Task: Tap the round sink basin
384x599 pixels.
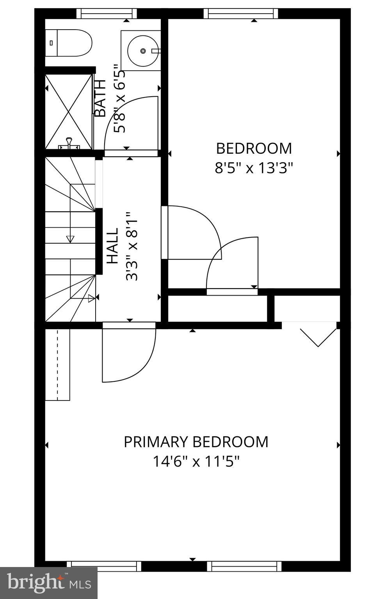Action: click(x=143, y=51)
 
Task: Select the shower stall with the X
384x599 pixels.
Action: click(x=69, y=112)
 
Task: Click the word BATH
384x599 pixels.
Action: click(x=100, y=98)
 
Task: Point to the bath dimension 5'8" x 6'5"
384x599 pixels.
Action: click(x=120, y=102)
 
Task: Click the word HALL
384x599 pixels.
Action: click(x=112, y=246)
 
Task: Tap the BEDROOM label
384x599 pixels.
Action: click(x=254, y=149)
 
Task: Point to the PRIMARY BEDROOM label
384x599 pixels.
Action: click(x=196, y=442)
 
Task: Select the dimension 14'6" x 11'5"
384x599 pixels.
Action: click(x=196, y=462)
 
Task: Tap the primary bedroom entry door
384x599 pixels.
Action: click(x=129, y=353)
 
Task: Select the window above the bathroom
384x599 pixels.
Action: click(x=107, y=14)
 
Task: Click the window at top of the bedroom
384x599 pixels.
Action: click(x=241, y=14)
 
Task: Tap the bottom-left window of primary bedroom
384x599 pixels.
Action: click(x=104, y=566)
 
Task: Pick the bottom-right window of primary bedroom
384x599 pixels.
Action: click(x=244, y=566)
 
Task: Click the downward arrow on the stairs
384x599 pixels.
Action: click(x=70, y=239)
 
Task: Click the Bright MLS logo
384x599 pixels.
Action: click(x=49, y=583)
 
